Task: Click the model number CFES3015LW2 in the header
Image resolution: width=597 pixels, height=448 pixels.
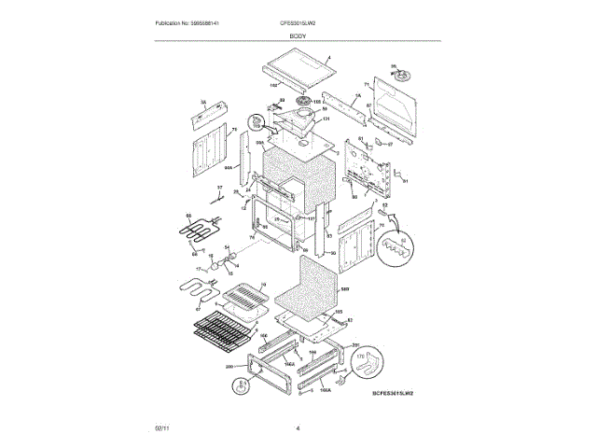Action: (298, 22)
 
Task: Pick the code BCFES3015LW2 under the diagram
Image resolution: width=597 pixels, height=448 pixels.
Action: (391, 394)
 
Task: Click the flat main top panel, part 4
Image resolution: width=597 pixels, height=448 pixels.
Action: (298, 67)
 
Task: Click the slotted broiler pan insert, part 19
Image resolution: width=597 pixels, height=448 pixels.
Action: (242, 298)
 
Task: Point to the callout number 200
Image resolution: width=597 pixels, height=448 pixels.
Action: (229, 368)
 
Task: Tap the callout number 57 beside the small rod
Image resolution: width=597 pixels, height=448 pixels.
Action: (220, 188)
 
